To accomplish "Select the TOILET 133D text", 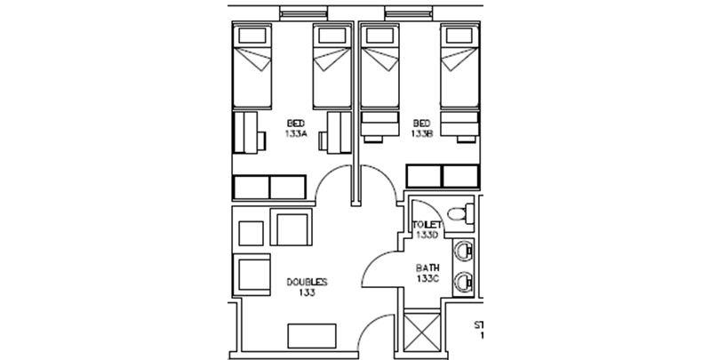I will point(427,230).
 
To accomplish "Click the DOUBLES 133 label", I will point(307,287).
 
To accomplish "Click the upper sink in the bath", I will point(462,252).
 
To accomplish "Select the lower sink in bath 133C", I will point(462,283).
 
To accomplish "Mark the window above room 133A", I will point(303,13).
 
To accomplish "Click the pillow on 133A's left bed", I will point(252,36).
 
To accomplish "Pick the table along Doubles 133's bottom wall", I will point(312,336).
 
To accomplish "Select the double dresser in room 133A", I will point(269,188).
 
